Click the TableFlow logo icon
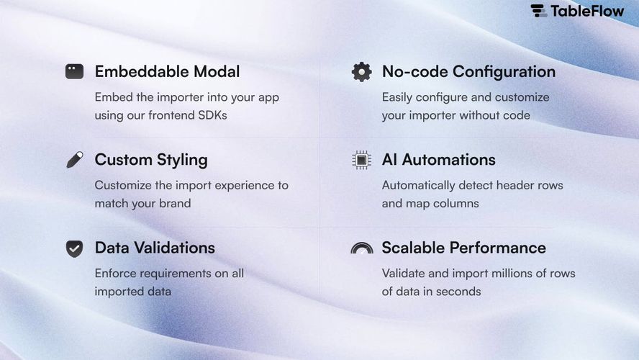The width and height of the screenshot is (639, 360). (539, 11)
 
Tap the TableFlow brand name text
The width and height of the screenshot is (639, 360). (587, 11)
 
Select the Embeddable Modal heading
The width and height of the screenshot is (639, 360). (167, 72)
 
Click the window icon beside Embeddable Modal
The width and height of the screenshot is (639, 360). (74, 71)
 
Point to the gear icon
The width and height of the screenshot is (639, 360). (361, 71)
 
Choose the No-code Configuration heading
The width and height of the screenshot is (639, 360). (468, 72)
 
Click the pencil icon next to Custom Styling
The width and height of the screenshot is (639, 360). (74, 160)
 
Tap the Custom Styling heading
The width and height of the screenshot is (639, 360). (150, 160)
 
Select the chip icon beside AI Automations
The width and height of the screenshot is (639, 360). (361, 160)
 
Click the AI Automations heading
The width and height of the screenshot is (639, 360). (438, 160)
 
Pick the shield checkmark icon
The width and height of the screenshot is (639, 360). (74, 248)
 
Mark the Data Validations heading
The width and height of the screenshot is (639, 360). (155, 248)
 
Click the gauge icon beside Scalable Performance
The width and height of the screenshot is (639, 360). (361, 248)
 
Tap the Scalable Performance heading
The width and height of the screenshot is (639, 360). (463, 248)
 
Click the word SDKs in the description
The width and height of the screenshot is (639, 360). (212, 115)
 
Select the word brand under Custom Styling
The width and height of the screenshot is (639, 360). (175, 204)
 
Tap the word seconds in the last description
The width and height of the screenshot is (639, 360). (458, 292)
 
